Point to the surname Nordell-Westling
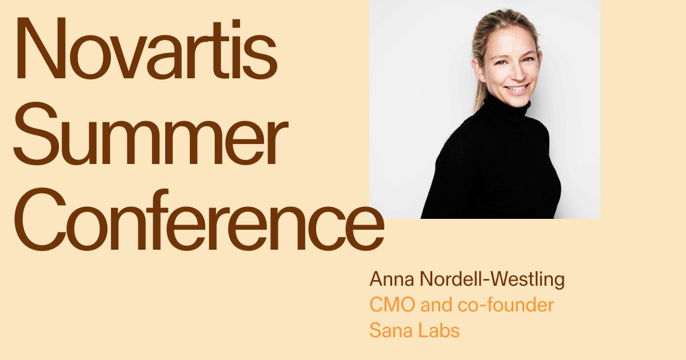click(492, 280)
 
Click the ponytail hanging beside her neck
click(479, 91)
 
